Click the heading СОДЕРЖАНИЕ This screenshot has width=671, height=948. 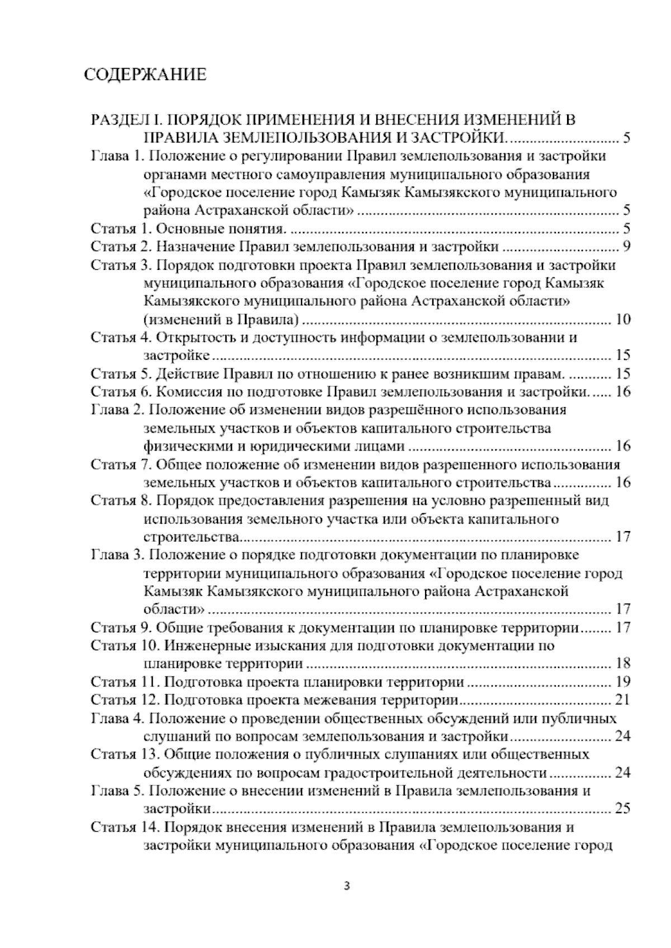[x=145, y=75]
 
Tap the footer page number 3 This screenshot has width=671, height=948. [x=347, y=886]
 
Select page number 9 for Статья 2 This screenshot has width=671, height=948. [x=626, y=247]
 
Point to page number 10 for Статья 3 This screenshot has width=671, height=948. [x=622, y=320]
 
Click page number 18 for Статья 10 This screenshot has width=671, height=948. [x=622, y=664]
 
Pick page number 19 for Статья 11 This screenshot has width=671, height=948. [x=622, y=682]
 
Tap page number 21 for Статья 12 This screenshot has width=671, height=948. [x=622, y=700]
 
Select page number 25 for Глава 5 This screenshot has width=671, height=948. [x=622, y=809]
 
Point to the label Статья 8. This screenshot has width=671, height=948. [x=119, y=501]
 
